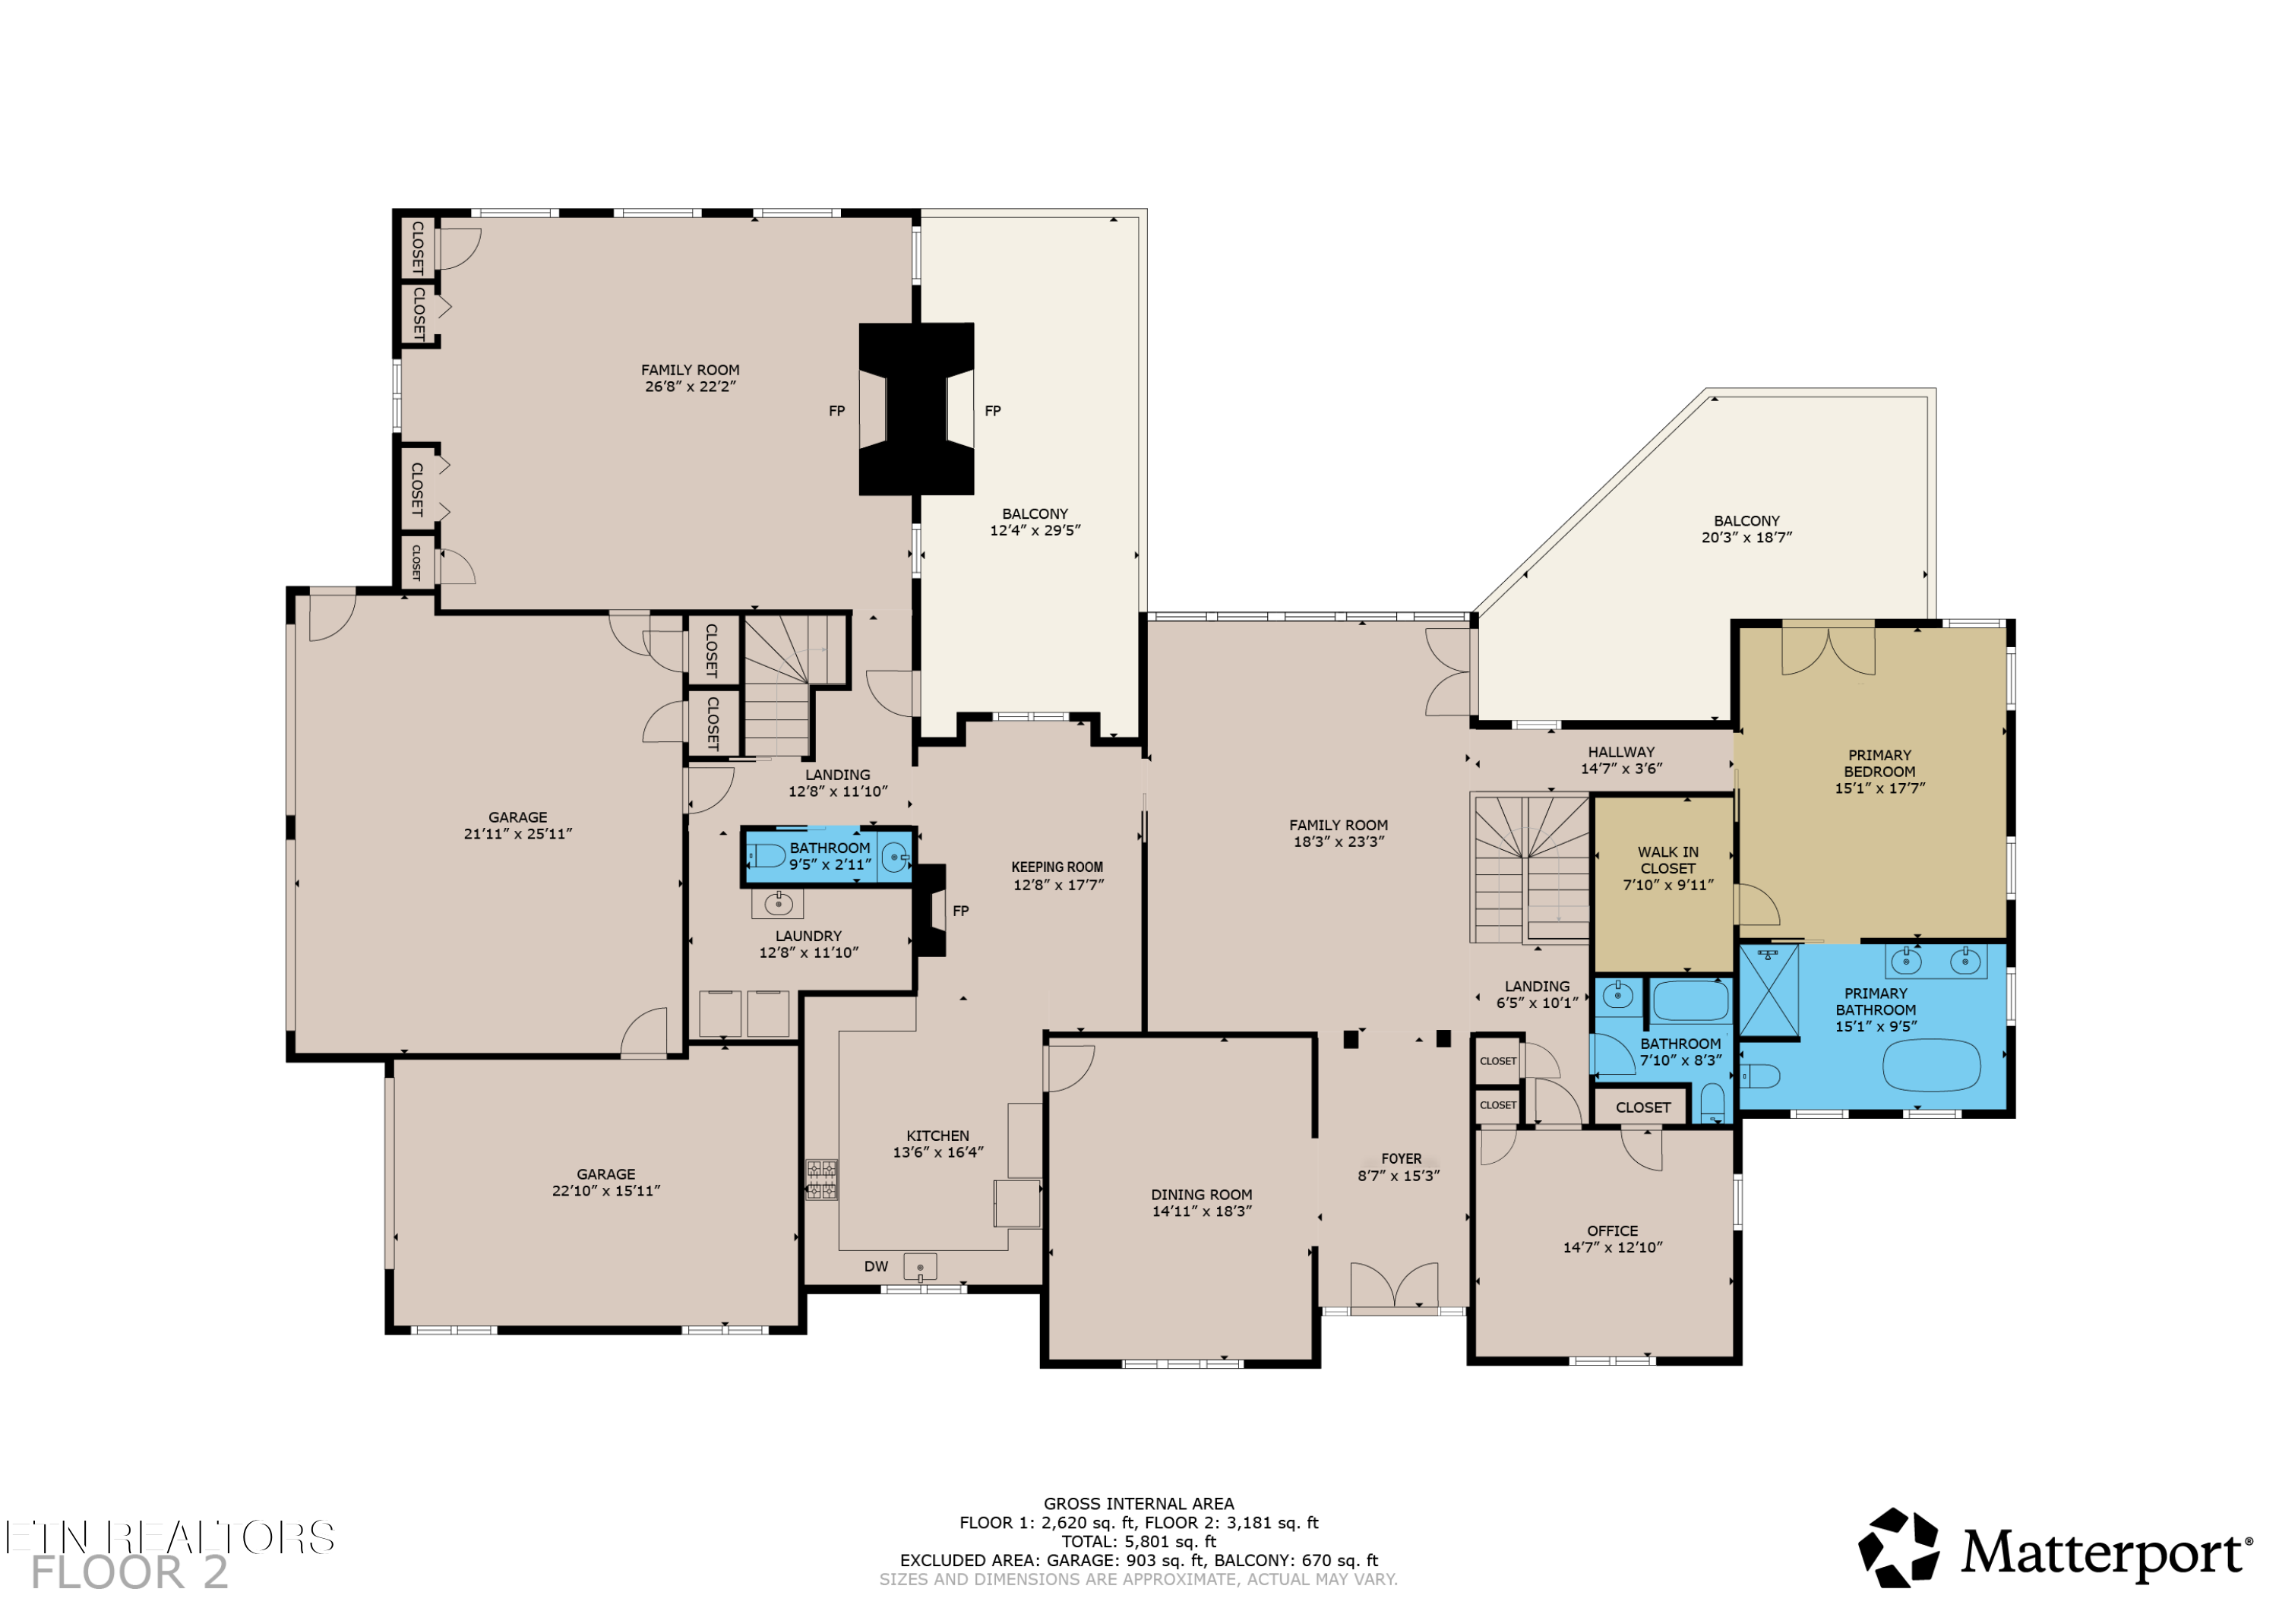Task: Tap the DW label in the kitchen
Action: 875,1267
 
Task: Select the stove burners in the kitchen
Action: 821,1180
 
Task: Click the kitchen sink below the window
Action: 920,1268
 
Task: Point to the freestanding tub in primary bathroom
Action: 1930,1065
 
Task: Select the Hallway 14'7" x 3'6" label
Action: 1621,760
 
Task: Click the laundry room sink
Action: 777,903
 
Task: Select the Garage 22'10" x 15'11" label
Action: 605,1182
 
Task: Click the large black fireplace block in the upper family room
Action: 915,409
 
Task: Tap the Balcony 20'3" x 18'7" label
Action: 1746,529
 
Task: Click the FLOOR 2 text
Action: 129,1573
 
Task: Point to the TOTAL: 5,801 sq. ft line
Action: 1139,1542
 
